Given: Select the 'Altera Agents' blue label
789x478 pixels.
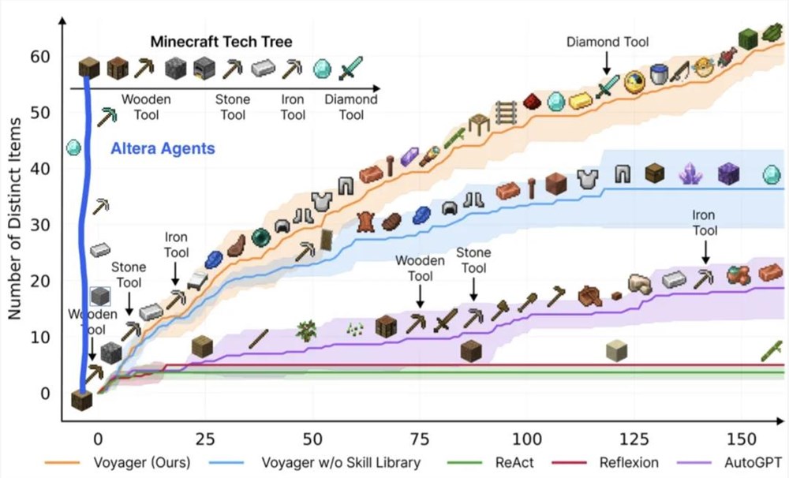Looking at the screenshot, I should point(162,148).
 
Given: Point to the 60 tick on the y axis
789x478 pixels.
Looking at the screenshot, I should point(39,57).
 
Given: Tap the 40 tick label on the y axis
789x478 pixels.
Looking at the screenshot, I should point(39,169).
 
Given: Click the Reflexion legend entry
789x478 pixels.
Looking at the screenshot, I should point(619,461).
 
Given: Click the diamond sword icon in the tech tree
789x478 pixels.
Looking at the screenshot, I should point(350,68).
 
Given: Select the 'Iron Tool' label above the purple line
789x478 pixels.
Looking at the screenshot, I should point(704,222).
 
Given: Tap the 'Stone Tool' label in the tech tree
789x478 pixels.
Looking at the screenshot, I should point(233,107).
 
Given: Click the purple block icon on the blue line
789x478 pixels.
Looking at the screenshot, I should point(728,174).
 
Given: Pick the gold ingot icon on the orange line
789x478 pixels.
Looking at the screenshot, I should point(581,99).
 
